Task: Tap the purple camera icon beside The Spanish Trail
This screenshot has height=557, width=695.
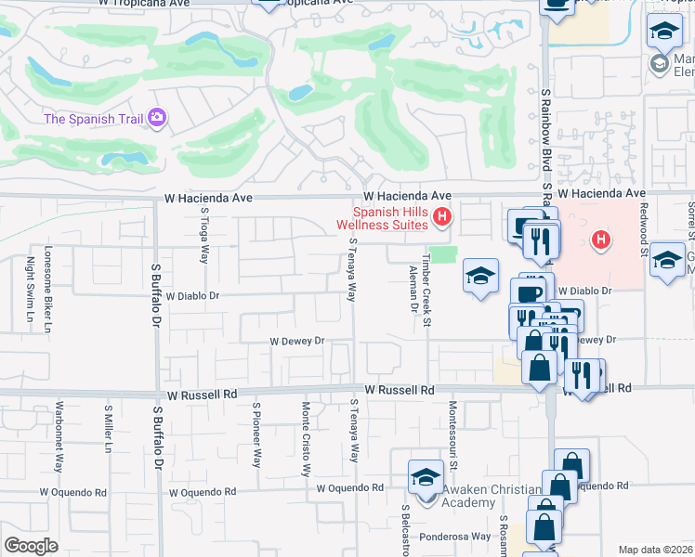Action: point(156,117)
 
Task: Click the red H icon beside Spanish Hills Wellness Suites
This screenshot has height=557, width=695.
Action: point(442,218)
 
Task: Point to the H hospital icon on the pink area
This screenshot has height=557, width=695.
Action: point(601,240)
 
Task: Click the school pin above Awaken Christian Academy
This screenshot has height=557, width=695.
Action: point(426,477)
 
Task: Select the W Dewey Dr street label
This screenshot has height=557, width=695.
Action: point(296,342)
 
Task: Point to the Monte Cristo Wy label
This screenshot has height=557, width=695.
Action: point(305,439)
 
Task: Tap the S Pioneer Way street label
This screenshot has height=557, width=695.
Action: point(257,433)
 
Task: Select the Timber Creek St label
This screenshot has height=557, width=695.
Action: point(427,289)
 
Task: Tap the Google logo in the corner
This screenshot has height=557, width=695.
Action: point(31,545)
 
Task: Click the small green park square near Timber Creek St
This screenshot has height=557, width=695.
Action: point(447,254)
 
